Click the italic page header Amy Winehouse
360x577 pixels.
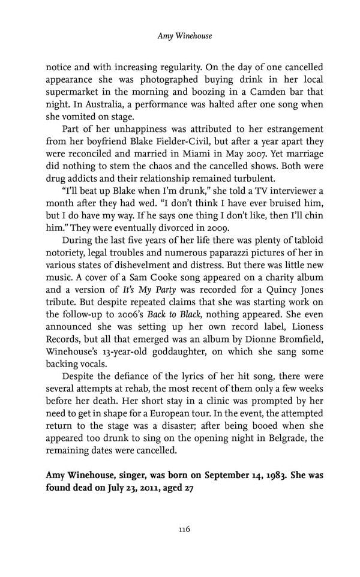pyautogui.click(x=184, y=37)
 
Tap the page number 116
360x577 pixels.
pyautogui.click(x=184, y=529)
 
